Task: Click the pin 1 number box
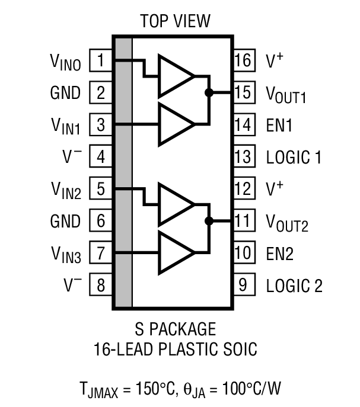[101, 60]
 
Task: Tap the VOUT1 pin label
[286, 94]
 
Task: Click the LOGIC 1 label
[294, 158]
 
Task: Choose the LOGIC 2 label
[294, 286]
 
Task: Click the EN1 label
[279, 126]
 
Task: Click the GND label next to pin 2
[65, 93]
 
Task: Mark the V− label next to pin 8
[72, 286]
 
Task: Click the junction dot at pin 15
[209, 92]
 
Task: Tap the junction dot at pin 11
[209, 221]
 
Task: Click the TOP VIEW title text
[175, 22]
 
